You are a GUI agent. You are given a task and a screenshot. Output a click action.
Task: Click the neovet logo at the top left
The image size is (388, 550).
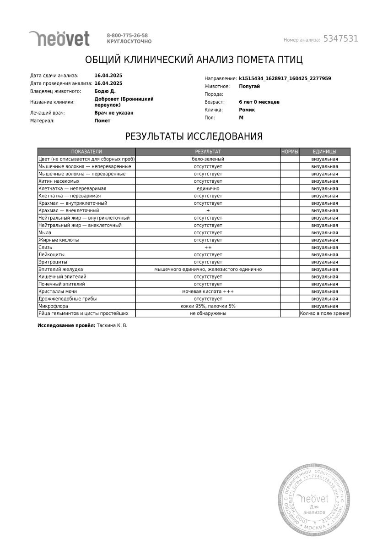[59, 38]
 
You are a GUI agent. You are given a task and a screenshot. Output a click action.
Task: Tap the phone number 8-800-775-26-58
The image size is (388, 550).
[127, 35]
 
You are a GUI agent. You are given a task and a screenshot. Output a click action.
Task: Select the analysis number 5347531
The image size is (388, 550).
[340, 39]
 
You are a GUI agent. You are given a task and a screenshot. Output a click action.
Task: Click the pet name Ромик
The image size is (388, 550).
[247, 110]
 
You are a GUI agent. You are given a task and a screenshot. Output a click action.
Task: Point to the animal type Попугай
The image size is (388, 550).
[249, 86]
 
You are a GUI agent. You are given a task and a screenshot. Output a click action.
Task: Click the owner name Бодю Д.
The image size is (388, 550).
[105, 91]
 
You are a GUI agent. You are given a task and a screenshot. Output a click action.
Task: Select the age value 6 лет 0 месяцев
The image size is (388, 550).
[259, 102]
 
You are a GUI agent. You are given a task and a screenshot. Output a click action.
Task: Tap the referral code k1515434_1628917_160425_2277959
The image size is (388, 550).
[285, 78]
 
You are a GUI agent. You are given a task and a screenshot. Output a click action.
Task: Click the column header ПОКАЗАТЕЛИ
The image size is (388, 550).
[86, 151]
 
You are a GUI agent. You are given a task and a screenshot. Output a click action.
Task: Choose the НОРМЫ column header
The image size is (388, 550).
[290, 151]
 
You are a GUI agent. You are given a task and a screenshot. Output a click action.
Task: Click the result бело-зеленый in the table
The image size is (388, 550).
[208, 159]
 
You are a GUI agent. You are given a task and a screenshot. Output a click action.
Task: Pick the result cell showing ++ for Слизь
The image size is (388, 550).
[208, 247]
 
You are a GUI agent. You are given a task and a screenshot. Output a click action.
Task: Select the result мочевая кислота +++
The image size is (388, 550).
[208, 291]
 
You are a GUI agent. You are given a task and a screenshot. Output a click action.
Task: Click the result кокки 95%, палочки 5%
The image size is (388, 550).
[208, 306]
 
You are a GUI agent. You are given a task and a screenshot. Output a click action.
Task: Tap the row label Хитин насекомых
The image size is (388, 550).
[56, 181]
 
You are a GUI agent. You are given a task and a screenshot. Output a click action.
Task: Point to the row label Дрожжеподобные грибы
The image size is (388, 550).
[68, 299]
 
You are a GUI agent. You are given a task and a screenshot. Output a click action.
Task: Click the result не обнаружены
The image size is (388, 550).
[208, 313]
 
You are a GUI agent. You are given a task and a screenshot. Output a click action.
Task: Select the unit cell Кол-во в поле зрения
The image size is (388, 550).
[325, 313]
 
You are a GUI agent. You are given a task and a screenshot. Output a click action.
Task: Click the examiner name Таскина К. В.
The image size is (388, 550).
[113, 325]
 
